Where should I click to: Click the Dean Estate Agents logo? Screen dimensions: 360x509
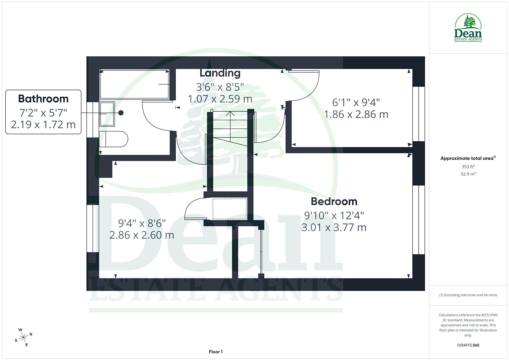click(x=468, y=28)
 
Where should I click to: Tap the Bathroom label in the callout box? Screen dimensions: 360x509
click(x=43, y=99)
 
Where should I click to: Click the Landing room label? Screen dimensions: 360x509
click(x=220, y=73)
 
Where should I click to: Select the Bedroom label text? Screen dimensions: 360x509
click(x=334, y=201)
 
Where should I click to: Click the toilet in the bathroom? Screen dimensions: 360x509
click(x=114, y=139)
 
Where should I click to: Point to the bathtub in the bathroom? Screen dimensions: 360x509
click(x=134, y=84)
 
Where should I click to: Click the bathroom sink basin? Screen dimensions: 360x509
click(x=107, y=114)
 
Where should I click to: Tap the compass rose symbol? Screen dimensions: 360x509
click(x=24, y=337)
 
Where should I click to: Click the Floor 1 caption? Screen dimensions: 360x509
click(x=216, y=352)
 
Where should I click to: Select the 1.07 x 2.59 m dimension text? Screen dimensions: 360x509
click(x=220, y=99)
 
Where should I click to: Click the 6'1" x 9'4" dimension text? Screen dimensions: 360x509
click(x=356, y=102)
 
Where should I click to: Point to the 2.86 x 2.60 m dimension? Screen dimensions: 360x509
click(x=142, y=235)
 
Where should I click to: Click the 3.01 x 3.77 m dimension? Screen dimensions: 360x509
click(x=334, y=227)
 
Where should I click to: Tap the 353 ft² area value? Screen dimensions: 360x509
click(x=468, y=167)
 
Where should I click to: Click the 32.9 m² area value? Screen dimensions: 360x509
click(x=468, y=174)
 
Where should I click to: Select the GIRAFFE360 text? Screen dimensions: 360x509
click(x=468, y=345)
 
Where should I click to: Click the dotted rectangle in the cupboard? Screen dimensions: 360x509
click(x=230, y=209)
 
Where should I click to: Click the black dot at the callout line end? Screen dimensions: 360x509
click(x=121, y=113)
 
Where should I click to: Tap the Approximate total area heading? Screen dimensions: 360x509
click(x=468, y=158)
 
